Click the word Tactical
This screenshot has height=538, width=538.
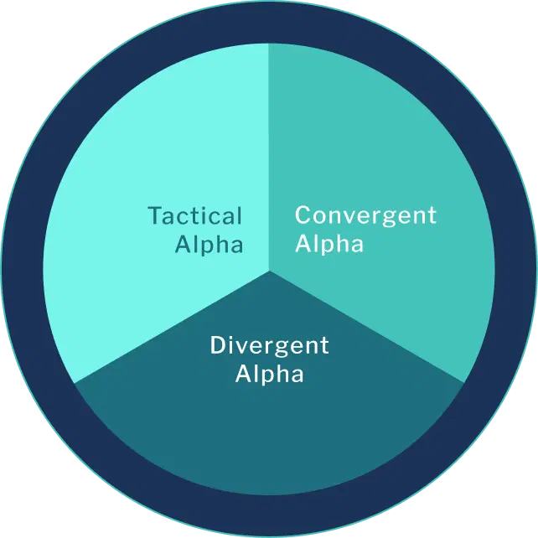click(194, 216)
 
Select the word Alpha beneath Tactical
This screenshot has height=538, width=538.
click(209, 245)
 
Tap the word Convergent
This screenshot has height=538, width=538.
click(365, 215)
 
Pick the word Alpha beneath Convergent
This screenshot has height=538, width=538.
click(329, 245)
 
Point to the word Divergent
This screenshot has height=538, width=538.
click(269, 345)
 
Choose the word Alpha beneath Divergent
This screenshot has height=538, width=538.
click(269, 374)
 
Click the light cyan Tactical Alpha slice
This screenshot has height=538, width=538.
click(151, 151)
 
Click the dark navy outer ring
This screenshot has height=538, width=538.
click(269, 21)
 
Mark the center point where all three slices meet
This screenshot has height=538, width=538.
click(269, 271)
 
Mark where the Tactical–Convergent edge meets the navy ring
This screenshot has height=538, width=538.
click(269, 44)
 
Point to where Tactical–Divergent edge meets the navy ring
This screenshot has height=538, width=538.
click(75, 383)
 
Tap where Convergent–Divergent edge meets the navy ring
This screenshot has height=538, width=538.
click(463, 383)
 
